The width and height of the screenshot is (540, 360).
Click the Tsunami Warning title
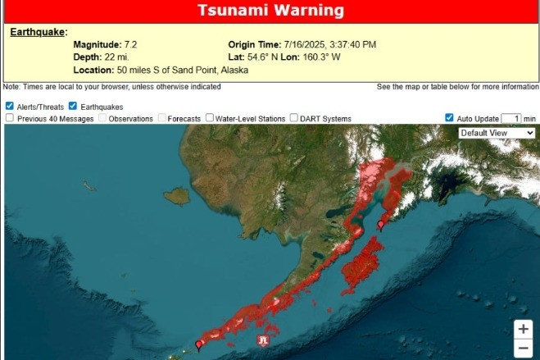pos(270,11)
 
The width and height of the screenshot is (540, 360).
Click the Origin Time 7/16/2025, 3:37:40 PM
pos(330,44)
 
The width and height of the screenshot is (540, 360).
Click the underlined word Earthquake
pos(38,32)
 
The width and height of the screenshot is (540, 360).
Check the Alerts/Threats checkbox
pos(9,106)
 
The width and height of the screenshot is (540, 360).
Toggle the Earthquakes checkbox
pos(73,106)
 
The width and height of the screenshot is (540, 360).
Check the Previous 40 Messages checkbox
pos(9,118)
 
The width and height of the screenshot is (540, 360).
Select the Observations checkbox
pos(103,118)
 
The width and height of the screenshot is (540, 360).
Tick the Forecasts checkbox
pos(162,118)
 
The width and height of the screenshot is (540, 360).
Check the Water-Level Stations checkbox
pos(210,118)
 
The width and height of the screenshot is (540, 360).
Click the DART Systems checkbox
pos(294,118)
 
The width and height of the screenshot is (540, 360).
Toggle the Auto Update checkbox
pos(449,118)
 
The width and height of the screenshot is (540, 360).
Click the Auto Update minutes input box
pos(511,118)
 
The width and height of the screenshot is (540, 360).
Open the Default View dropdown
pos(497,133)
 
